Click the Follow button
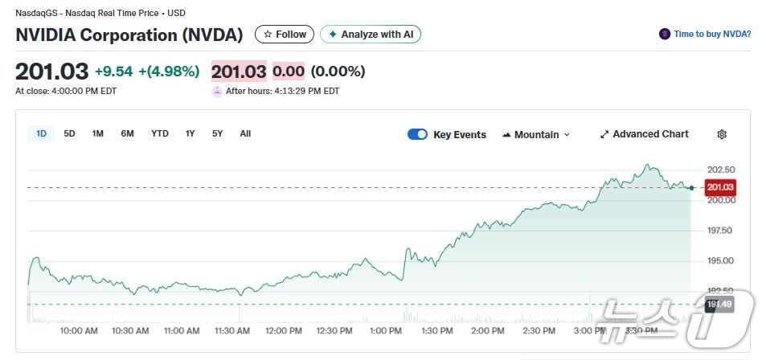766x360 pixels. coord(285,35)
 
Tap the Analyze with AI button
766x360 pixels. coord(371,35)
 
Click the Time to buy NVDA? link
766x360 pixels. coord(705,34)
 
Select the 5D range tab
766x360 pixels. coord(69,133)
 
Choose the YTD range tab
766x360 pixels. coord(160,133)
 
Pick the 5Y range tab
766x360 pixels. coord(217,133)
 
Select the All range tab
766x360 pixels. coord(245,133)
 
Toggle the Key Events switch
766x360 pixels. coord(417,134)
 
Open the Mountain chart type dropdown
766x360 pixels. coord(536,134)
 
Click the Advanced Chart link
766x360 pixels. coord(645,134)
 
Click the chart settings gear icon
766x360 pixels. coord(722,134)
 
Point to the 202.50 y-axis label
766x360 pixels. coord(721,170)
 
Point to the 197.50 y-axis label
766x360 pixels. coord(721,231)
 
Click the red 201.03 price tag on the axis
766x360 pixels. coord(720,187)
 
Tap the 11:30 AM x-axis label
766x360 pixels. coord(232,331)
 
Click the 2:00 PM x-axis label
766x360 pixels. coord(487,331)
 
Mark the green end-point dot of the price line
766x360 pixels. coord(691,188)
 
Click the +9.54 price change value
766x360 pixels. coord(114,72)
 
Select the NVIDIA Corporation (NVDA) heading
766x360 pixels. coord(129,35)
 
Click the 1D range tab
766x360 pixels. coord(41,133)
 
